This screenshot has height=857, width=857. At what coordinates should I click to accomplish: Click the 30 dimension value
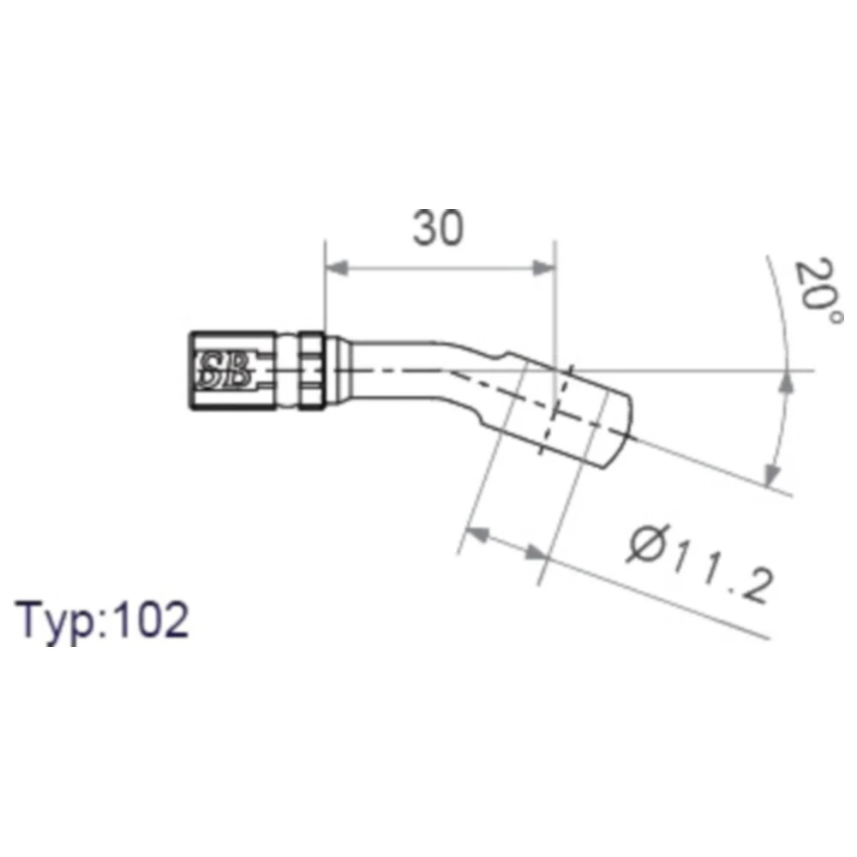(438, 228)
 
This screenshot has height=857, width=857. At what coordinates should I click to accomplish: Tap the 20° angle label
(818, 291)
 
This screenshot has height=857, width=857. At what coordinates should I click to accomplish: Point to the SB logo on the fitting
(224, 370)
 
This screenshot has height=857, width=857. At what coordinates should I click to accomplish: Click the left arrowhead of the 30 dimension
(337, 268)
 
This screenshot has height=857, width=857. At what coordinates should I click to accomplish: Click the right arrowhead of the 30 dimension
(544, 268)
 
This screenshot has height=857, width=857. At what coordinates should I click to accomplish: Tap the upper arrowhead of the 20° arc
(786, 382)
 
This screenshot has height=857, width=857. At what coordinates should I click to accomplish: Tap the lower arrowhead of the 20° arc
(772, 473)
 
